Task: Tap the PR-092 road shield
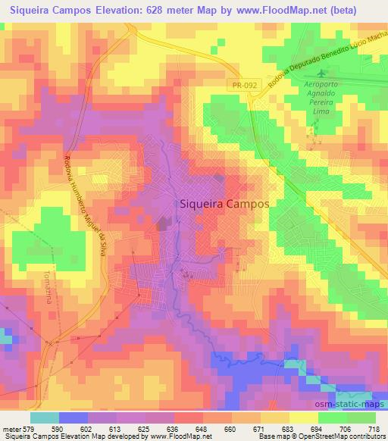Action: coord(244,86)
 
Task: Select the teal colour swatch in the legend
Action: coord(45,418)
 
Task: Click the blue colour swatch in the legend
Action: coord(73,418)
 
